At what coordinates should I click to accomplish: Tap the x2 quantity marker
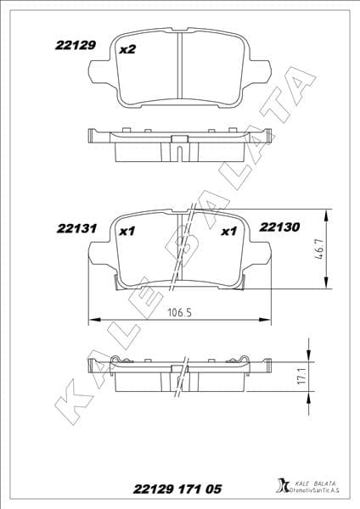coord(128,50)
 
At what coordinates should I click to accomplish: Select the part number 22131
coord(75,228)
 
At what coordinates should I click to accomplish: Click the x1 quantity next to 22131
coord(128,230)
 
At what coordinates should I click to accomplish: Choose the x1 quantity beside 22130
coord(228,230)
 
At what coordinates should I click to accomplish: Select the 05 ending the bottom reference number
coord(215,489)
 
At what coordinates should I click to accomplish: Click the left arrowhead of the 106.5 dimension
coord(93,320)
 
